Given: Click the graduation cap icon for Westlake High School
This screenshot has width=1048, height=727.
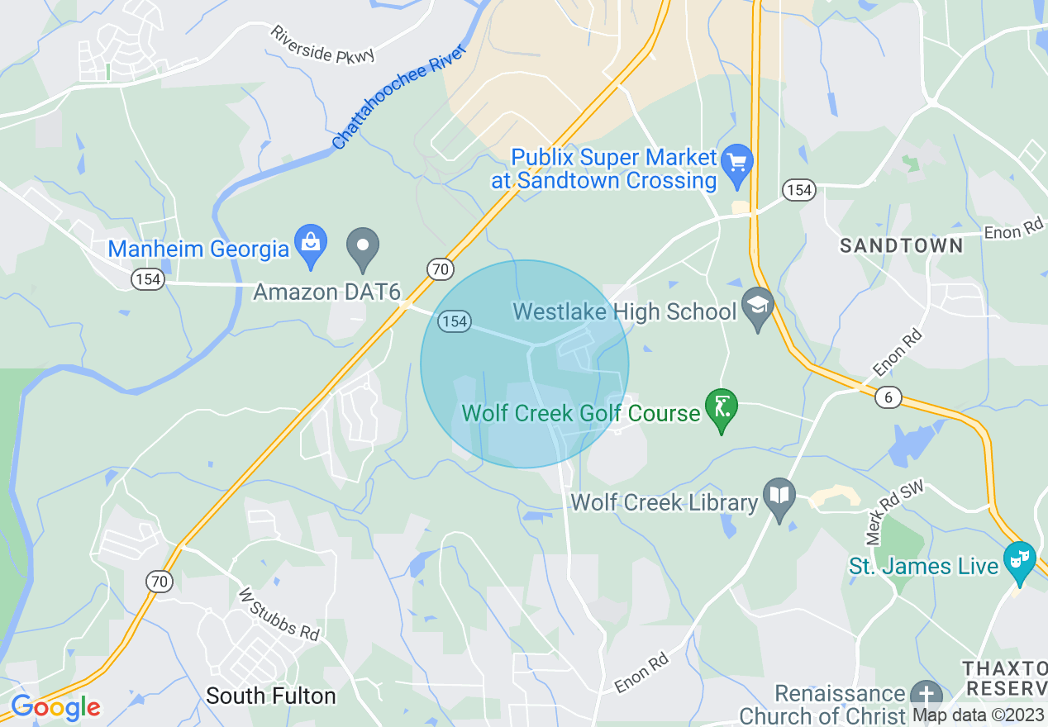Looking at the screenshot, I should [x=757, y=306].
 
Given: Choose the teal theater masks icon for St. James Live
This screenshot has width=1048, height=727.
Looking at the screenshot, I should [x=1019, y=561].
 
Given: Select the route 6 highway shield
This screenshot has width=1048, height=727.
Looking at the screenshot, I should [x=888, y=397].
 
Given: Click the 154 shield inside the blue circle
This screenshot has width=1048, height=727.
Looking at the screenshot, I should [x=455, y=321].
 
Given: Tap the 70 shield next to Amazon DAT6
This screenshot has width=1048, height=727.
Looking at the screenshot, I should [x=440, y=268].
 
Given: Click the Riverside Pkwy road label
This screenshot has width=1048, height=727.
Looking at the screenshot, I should [x=322, y=45].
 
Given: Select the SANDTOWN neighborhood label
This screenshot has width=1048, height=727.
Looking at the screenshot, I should [x=901, y=245].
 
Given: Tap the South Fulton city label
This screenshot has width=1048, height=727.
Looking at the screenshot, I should [x=271, y=696].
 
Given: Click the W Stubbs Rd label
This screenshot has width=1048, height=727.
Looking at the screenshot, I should [x=279, y=614].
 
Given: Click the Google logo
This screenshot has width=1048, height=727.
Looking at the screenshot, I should [x=55, y=707].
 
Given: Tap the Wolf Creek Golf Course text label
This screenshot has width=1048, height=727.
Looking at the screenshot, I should [x=581, y=412].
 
